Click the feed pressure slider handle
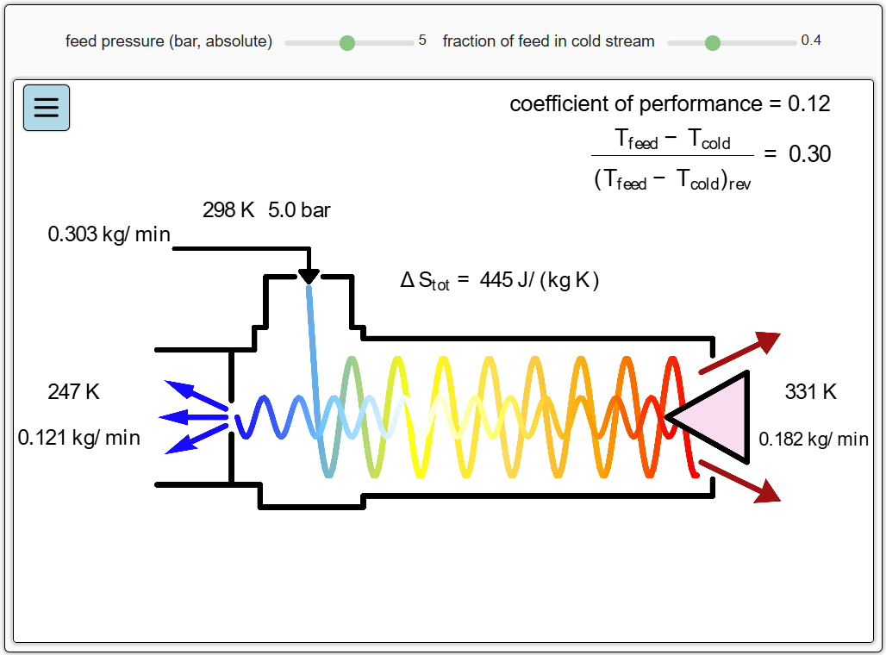(x=347, y=42)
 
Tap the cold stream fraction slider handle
(x=712, y=42)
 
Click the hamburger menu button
(x=47, y=108)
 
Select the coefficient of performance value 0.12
(x=809, y=104)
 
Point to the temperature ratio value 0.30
(x=810, y=154)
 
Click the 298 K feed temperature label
(x=228, y=210)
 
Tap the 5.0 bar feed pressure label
(x=299, y=210)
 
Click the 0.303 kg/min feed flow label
(x=109, y=234)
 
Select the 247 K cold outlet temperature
(x=74, y=392)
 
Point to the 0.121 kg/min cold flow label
(x=79, y=438)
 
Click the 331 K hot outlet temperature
(x=810, y=392)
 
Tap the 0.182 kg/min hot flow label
(x=814, y=440)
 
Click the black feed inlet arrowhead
(x=309, y=276)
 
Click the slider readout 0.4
(x=811, y=41)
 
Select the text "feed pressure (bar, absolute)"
(x=169, y=41)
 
